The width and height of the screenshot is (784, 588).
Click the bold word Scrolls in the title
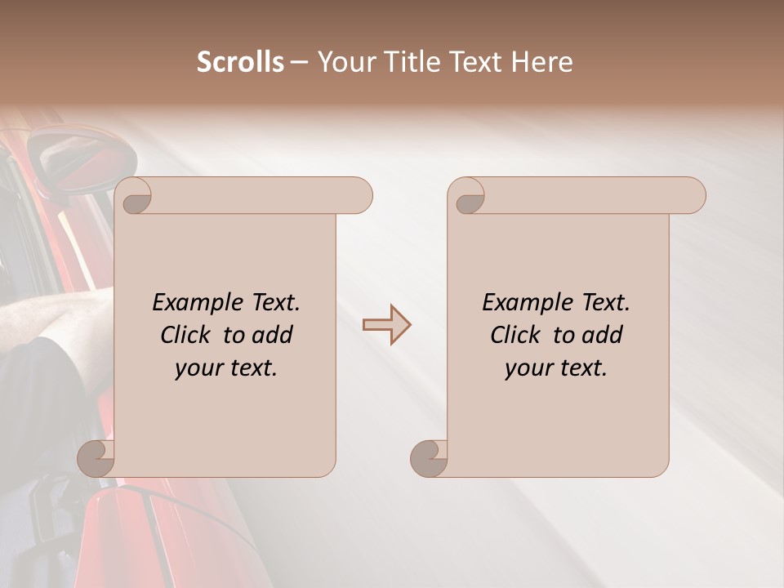(x=241, y=62)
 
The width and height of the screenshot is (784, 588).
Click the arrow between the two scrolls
(x=386, y=324)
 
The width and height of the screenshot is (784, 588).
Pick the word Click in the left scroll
(x=186, y=335)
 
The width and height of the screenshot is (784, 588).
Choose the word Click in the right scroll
(x=516, y=335)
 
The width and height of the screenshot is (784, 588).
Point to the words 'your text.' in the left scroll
(x=226, y=367)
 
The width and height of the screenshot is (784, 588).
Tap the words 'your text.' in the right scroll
(x=556, y=367)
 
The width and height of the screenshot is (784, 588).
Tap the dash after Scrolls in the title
(x=300, y=62)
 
